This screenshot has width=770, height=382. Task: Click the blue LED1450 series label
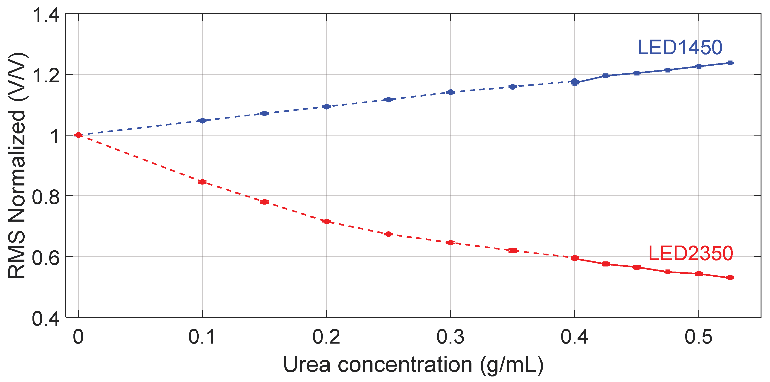tap(680, 48)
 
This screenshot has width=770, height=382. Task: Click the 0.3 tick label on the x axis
tap(450, 337)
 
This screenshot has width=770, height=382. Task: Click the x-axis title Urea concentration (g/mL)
tap(413, 365)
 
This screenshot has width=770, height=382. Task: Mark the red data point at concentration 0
tap(78, 135)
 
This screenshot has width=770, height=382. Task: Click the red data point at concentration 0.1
tap(202, 182)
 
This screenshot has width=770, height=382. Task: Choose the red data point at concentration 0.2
tap(326, 221)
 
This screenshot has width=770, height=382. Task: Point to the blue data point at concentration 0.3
tap(450, 92)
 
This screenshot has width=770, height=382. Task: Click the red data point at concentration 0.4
tap(575, 258)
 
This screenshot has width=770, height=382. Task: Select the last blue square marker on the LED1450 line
tap(730, 63)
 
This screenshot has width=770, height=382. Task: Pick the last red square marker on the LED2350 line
tap(730, 278)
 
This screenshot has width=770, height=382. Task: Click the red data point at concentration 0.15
tap(264, 202)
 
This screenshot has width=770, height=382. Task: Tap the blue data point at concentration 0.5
tap(699, 66)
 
